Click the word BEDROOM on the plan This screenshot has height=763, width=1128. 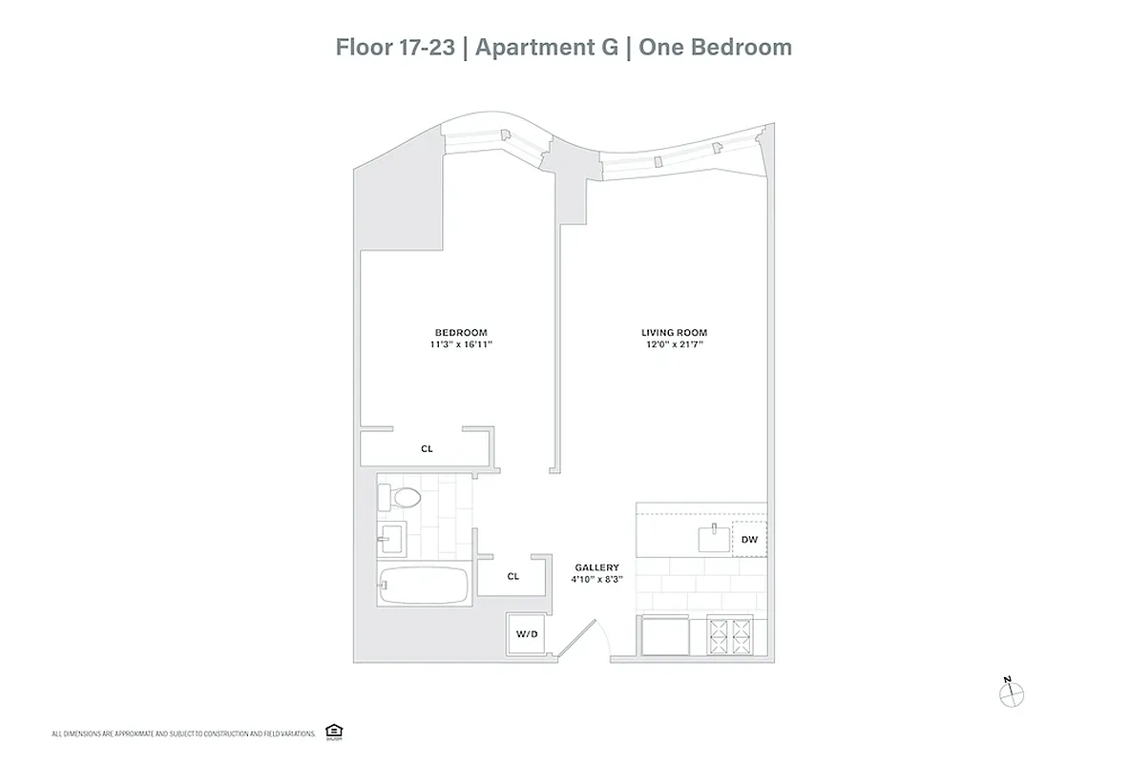460,333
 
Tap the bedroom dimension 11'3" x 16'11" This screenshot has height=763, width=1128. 460,344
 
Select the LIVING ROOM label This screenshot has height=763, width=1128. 674,333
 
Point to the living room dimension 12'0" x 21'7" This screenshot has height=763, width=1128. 674,344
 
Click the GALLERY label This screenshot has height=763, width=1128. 596,567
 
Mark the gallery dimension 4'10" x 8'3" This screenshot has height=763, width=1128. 596,579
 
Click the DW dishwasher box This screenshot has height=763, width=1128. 749,540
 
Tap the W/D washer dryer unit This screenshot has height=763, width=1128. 526,633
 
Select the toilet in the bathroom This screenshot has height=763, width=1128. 400,497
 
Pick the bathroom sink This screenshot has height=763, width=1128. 391,539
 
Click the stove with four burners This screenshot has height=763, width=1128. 730,635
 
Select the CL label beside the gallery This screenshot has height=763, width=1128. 512,576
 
